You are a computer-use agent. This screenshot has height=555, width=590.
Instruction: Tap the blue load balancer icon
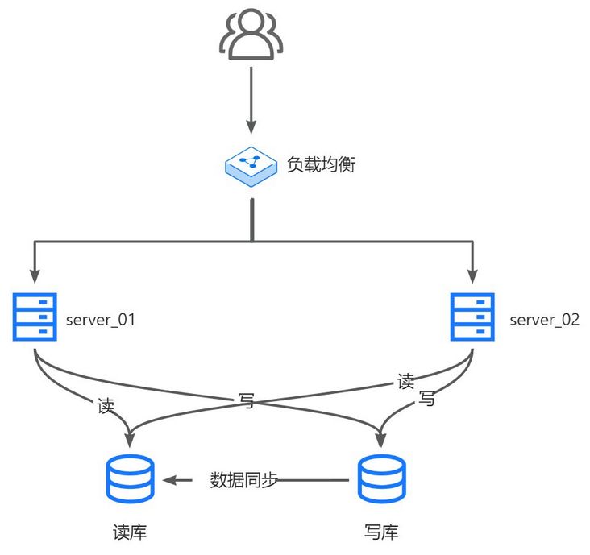pyautogui.click(x=251, y=165)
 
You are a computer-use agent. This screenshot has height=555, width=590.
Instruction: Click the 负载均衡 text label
pyautogui.click(x=321, y=164)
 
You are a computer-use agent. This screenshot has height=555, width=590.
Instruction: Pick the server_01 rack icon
pyautogui.click(x=35, y=317)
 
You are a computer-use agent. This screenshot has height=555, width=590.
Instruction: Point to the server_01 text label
pyautogui.click(x=100, y=319)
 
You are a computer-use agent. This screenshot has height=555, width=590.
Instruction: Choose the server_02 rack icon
pyautogui.click(x=472, y=317)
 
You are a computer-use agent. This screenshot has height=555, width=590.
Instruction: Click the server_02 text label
pyautogui.click(x=544, y=319)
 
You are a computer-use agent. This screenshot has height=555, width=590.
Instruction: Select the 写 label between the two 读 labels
pyautogui.click(x=247, y=400)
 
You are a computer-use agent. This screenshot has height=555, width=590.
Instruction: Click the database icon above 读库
pyautogui.click(x=130, y=480)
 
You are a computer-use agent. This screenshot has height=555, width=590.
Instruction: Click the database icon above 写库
pyautogui.click(x=382, y=480)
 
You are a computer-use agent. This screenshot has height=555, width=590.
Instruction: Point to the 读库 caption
pyautogui.click(x=130, y=532)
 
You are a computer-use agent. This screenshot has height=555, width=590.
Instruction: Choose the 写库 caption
pyautogui.click(x=381, y=532)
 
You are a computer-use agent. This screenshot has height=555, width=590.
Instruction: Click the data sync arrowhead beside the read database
pyautogui.click(x=170, y=480)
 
